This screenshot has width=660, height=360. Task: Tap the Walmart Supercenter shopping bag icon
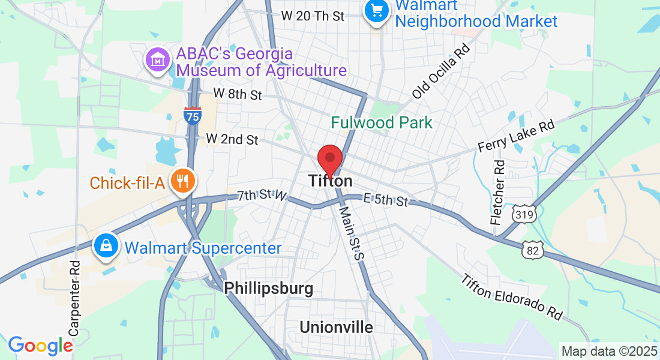click(106, 247)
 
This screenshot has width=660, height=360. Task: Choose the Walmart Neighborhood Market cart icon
click(376, 11)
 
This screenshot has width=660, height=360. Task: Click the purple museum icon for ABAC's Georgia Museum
click(157, 61)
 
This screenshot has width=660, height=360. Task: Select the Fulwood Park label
click(382, 123)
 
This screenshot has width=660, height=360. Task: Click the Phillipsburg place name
click(268, 289)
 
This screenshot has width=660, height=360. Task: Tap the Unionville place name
click(336, 327)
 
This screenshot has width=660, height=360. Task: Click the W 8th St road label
click(238, 94)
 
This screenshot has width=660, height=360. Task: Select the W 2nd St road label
click(232, 139)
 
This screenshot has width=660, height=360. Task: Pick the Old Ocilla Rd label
click(440, 71)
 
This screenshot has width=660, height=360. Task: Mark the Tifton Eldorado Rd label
click(512, 296)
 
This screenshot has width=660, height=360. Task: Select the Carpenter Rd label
click(74, 298)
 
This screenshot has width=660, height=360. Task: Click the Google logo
click(40, 346)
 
